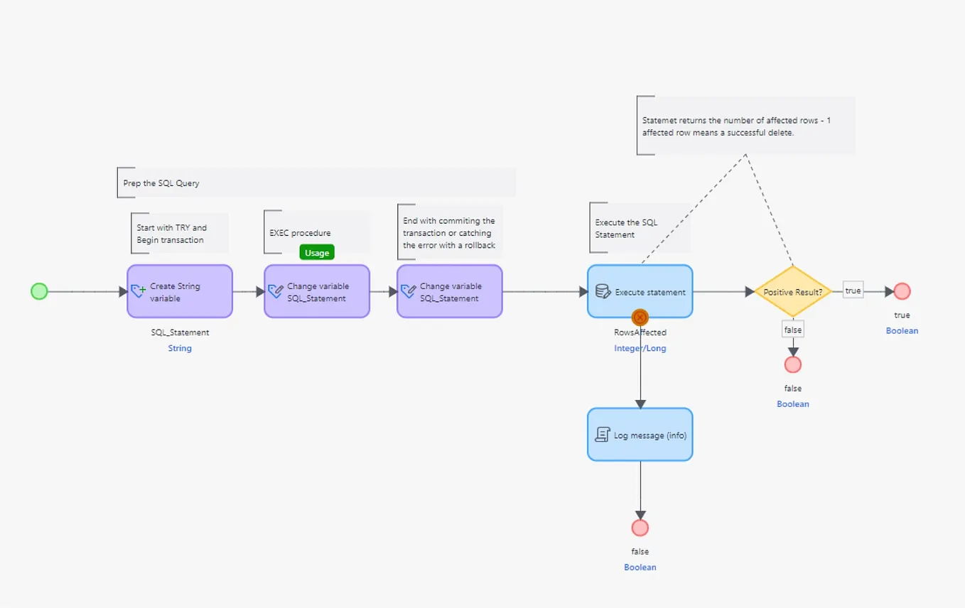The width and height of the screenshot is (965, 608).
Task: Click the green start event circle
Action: click(x=39, y=291)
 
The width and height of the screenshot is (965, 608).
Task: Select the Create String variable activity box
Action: click(x=180, y=291)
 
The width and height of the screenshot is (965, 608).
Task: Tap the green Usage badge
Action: click(x=317, y=253)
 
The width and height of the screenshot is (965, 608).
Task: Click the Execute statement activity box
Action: click(x=640, y=291)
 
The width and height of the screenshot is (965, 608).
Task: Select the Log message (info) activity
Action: click(x=640, y=435)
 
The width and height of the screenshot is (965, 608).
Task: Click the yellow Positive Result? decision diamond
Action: click(x=792, y=292)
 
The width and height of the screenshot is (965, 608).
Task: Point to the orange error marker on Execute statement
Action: click(x=640, y=317)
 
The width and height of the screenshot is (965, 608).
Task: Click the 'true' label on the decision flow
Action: click(x=853, y=291)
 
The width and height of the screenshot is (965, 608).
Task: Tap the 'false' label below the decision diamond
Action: click(x=792, y=330)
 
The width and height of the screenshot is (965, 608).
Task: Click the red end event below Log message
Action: click(x=640, y=528)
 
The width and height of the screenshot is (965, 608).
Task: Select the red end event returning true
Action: click(x=902, y=291)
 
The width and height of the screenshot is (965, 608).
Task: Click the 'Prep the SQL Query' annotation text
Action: click(x=161, y=183)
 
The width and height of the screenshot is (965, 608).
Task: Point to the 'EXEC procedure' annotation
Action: click(x=300, y=233)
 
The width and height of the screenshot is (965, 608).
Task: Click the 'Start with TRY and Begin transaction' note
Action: click(x=172, y=234)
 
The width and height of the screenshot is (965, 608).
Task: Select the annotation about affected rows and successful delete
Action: click(x=736, y=126)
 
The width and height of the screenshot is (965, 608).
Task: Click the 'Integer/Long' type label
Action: click(x=640, y=348)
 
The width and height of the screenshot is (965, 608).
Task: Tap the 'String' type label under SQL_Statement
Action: click(x=180, y=348)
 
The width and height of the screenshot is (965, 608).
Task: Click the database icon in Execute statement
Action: click(x=603, y=292)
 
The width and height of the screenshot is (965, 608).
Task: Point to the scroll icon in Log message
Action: click(x=602, y=435)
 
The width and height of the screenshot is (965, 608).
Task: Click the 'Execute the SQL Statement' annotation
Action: click(x=626, y=228)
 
